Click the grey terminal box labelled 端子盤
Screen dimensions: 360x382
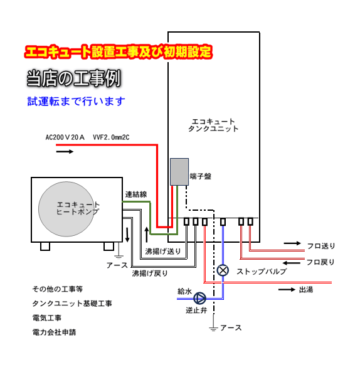(x=179, y=172)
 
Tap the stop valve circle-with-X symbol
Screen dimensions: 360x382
(x=223, y=270)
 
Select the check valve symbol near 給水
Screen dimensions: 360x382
(x=199, y=298)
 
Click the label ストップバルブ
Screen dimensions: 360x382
(x=262, y=272)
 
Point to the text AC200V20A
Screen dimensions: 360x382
(x=65, y=137)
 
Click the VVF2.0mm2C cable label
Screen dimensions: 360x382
(x=111, y=137)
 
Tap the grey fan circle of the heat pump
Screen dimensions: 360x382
(x=66, y=209)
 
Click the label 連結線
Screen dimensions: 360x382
(x=136, y=194)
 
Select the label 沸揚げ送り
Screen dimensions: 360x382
(x=163, y=252)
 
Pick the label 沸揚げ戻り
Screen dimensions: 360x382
(x=150, y=273)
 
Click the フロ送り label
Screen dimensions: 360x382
(x=321, y=246)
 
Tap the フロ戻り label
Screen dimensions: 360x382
(x=320, y=262)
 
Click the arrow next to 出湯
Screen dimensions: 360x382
(x=287, y=289)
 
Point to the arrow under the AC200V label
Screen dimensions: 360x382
(x=65, y=152)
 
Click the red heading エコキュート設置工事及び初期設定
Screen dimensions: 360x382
(x=119, y=51)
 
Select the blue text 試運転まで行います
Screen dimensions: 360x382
(x=77, y=102)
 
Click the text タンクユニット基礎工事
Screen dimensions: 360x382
(x=72, y=304)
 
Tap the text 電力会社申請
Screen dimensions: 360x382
(x=55, y=332)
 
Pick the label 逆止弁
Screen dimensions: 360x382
(x=196, y=310)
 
